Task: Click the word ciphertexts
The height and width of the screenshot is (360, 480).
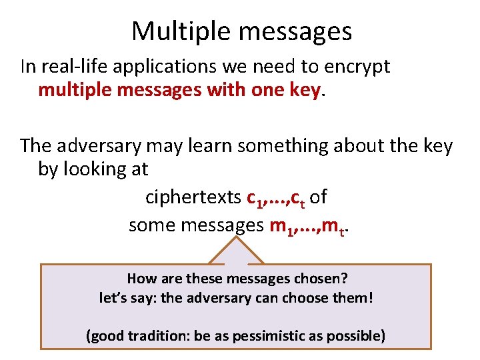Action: [193, 198]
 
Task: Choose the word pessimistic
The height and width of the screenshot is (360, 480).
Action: [277, 335]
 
